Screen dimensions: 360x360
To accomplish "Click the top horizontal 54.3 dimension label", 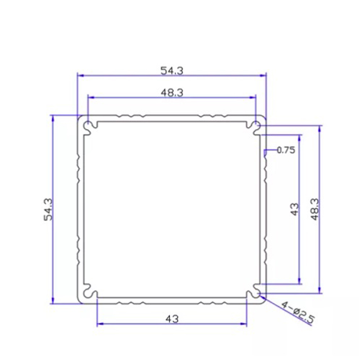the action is pos(172,71).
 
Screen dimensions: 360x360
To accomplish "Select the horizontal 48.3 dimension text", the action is pos(172,93).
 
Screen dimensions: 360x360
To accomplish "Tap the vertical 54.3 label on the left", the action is pos(48,209).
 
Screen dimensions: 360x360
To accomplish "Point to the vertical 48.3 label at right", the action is pos(315,209).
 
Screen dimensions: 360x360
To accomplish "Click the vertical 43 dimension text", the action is pos(295,209).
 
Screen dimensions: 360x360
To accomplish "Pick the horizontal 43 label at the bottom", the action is pos(172,319).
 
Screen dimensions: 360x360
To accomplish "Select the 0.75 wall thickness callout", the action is pos(286,150).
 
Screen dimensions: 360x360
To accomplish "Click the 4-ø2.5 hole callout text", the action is pos(298,312).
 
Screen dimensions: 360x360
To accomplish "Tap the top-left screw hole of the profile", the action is pos(87,126).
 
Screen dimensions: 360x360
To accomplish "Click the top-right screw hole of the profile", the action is pos(256,126).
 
